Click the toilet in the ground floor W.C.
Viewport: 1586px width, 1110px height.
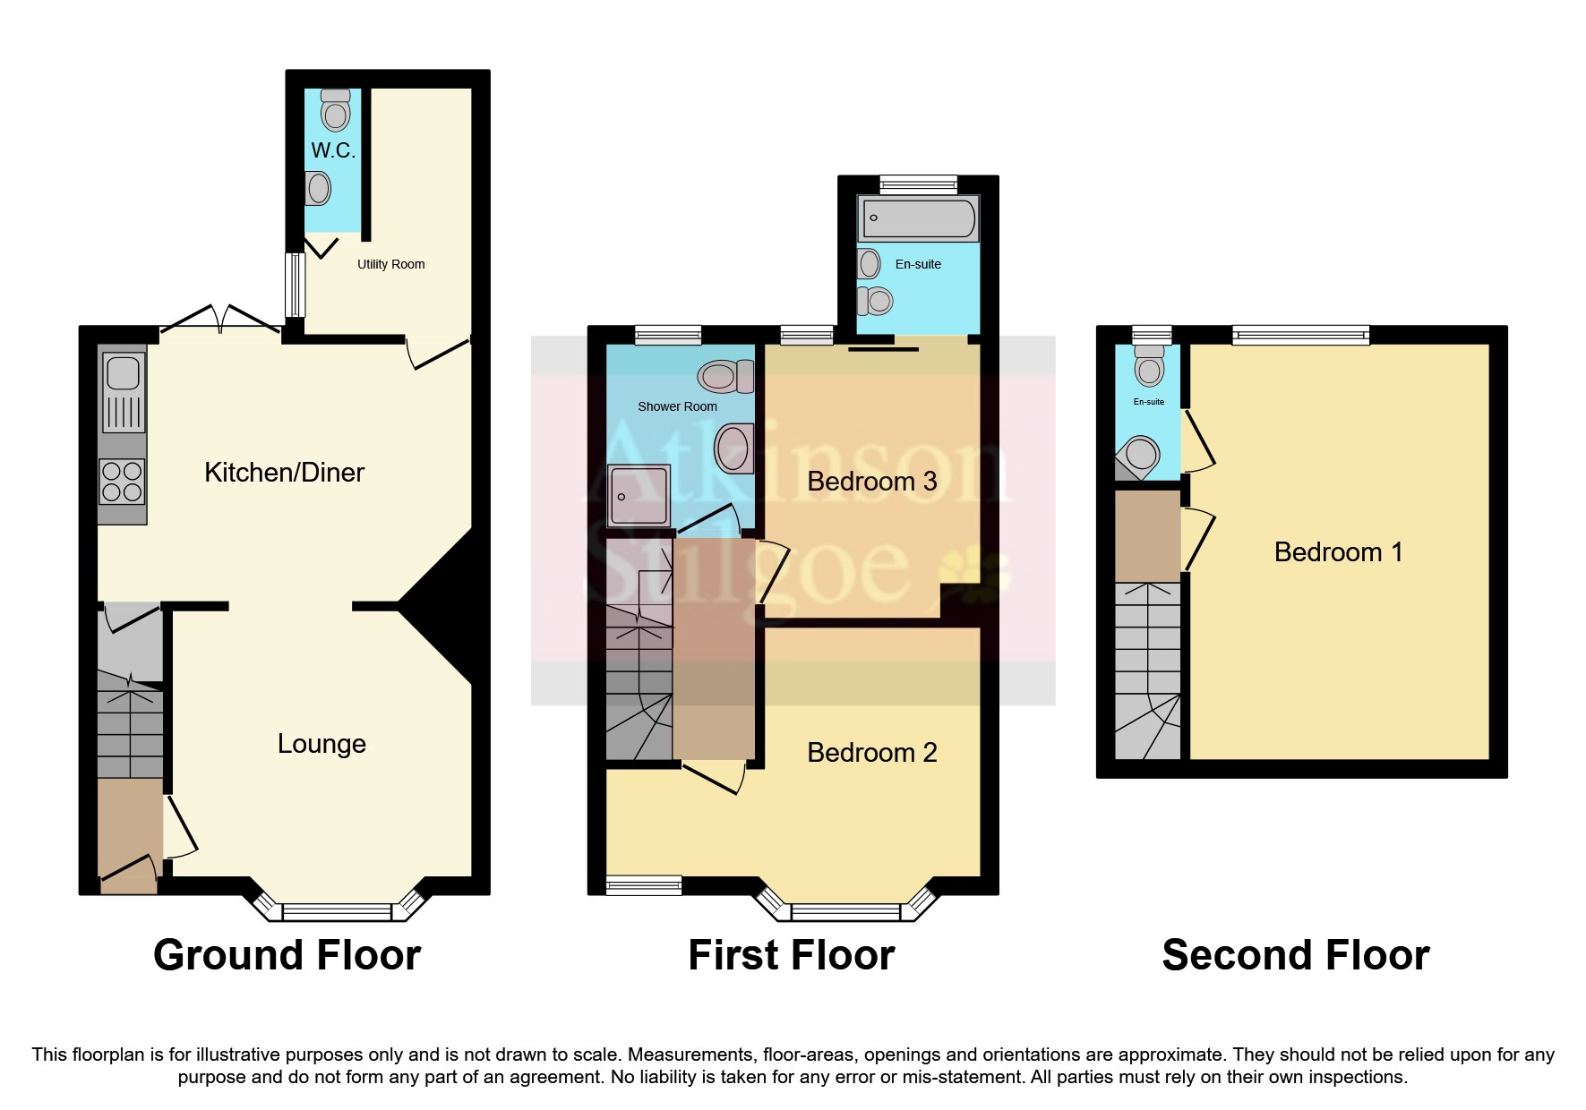pyautogui.click(x=336, y=111)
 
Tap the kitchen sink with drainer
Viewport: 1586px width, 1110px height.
pyautogui.click(x=124, y=391)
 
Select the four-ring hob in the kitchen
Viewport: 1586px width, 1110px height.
pyautogui.click(x=122, y=481)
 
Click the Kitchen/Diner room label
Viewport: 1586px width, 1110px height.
pyautogui.click(x=284, y=473)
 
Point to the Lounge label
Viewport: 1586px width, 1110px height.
pyautogui.click(x=321, y=744)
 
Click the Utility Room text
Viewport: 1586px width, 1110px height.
pyautogui.click(x=390, y=264)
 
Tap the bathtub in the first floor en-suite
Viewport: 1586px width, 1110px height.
pyautogui.click(x=918, y=218)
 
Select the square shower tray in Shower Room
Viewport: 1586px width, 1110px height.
pyautogui.click(x=639, y=495)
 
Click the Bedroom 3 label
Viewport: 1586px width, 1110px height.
pyautogui.click(x=871, y=482)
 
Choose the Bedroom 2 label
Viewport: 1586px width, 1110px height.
pyautogui.click(x=871, y=753)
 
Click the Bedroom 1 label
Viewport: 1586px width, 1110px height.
pyautogui.click(x=1338, y=552)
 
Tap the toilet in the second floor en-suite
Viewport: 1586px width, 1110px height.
pyautogui.click(x=1149, y=365)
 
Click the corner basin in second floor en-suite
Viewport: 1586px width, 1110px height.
pyautogui.click(x=1140, y=455)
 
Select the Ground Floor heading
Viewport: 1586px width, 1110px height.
pyautogui.click(x=287, y=955)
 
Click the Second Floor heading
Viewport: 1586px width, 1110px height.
pyautogui.click(x=1295, y=955)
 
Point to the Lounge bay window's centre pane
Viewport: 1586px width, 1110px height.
pyautogui.click(x=337, y=912)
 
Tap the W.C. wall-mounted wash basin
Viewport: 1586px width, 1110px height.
pyautogui.click(x=317, y=188)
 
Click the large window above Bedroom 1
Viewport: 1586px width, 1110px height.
pyautogui.click(x=1300, y=336)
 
